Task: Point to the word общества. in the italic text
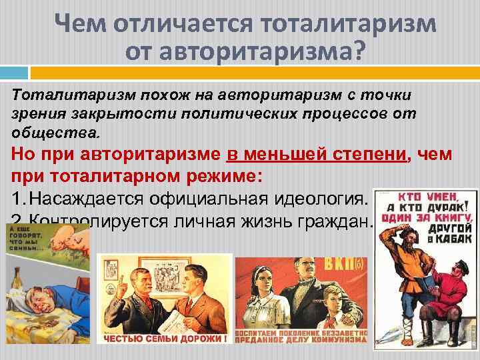56,131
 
